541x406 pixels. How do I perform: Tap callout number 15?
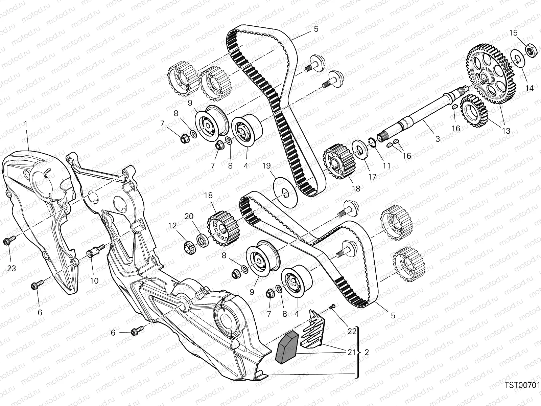click(513, 33)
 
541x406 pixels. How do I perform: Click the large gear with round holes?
click(490, 74)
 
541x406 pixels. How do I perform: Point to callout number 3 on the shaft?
click(438, 139)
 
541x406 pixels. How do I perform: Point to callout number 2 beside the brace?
click(367, 352)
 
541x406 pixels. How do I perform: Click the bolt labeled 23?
click(9, 240)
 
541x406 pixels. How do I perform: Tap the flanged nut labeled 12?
click(190, 248)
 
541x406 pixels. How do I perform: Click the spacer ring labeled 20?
click(202, 241)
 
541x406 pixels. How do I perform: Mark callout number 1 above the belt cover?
click(26, 124)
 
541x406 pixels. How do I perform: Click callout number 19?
click(266, 166)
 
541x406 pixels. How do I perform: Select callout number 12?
click(172, 225)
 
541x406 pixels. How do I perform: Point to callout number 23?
click(11, 268)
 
